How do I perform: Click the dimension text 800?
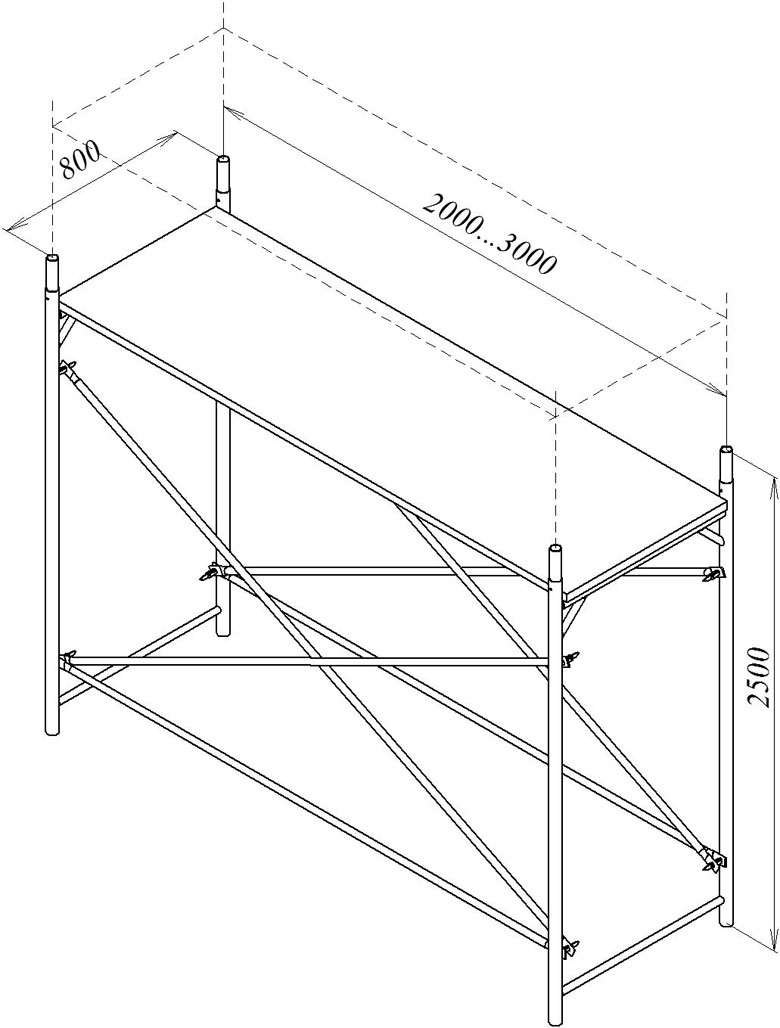tap(81, 160)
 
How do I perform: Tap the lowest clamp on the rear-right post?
tap(712, 858)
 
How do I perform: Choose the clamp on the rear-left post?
tap(212, 573)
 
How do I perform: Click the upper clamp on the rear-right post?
tap(713, 573)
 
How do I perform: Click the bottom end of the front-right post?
tap(556, 1020)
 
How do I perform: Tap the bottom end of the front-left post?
tap(53, 732)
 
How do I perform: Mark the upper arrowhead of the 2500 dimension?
tap(774, 480)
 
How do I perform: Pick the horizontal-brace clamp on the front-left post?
tap(68, 660)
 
